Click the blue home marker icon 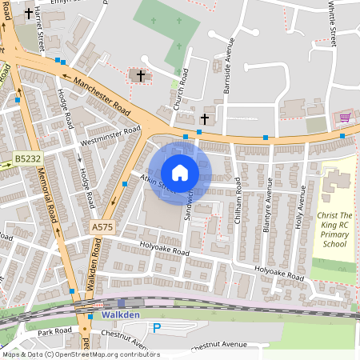pos(180,173)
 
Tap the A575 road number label pos(102,227)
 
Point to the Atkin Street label pos(156,184)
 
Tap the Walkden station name pos(121,315)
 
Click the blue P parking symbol pos(157,328)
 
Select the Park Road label pos(54,330)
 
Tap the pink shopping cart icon pos(345,118)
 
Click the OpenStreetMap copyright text pos(70,354)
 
